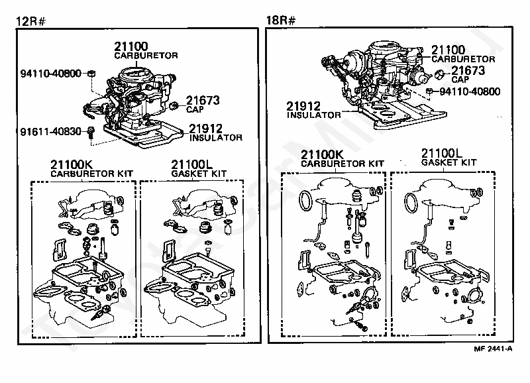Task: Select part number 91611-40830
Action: (x=50, y=132)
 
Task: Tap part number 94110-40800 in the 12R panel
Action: (x=50, y=73)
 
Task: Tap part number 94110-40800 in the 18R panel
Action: (x=470, y=91)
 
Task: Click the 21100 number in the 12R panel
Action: (x=131, y=47)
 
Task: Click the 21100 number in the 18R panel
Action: (x=449, y=50)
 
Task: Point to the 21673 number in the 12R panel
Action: (x=202, y=100)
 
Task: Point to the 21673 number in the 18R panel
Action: (x=468, y=70)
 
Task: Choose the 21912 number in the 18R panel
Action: (x=304, y=105)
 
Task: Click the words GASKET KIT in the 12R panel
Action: (x=199, y=173)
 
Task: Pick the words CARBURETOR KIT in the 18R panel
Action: (x=342, y=163)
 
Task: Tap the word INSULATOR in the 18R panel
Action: (x=313, y=115)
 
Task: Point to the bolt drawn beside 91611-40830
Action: (x=92, y=133)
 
